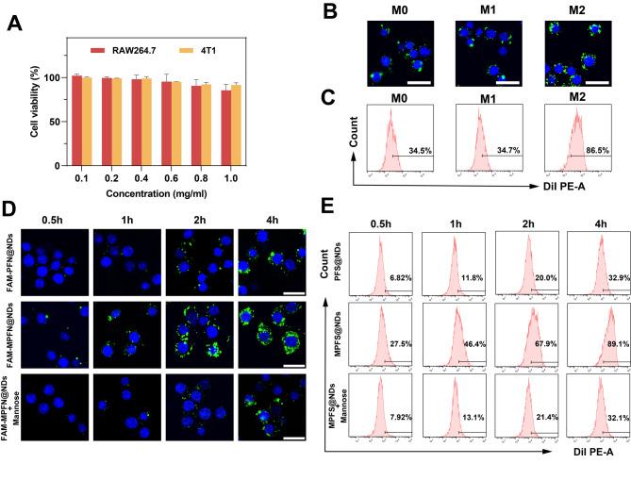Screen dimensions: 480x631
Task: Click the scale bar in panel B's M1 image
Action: click(x=506, y=81)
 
